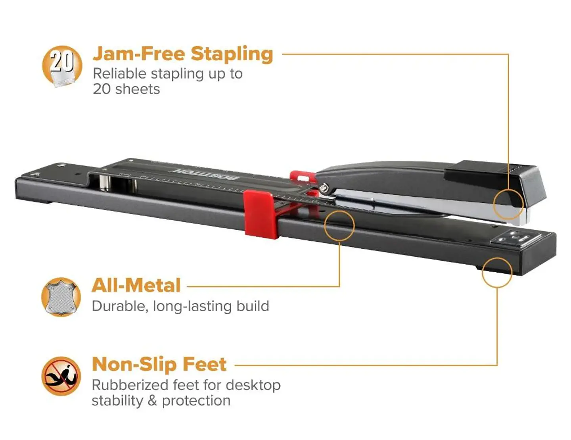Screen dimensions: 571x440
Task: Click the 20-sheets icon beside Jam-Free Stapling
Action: click(62, 66)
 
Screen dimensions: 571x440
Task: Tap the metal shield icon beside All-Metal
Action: click(61, 297)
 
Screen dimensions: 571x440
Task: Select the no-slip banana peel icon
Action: click(61, 376)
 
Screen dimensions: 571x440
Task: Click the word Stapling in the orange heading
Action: click(232, 55)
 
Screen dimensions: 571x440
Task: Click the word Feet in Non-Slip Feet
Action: click(205, 364)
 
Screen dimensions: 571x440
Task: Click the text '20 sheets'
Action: click(126, 89)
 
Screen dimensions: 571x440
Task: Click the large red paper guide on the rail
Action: click(261, 215)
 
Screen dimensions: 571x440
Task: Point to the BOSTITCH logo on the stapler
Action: click(206, 175)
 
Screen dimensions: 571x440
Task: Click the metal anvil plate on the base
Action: click(517, 239)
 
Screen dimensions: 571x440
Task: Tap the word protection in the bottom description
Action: click(196, 401)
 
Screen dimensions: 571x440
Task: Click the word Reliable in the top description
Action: click(120, 73)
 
